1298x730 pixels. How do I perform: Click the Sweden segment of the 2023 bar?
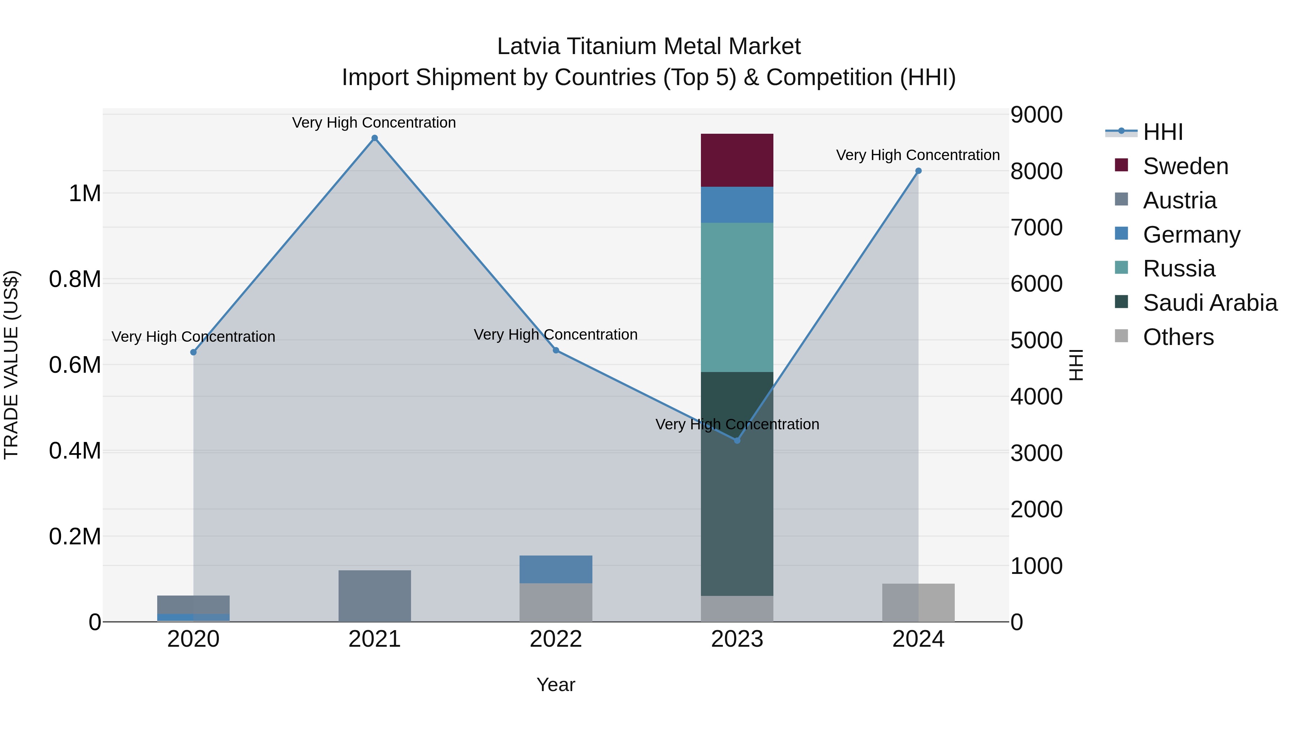[737, 160]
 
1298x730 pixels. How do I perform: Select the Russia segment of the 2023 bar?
[737, 297]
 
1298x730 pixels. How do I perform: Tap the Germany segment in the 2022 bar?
[556, 569]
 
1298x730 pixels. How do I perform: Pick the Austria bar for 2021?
[374, 596]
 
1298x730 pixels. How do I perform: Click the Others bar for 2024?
[918, 602]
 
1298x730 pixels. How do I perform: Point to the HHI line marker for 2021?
[374, 138]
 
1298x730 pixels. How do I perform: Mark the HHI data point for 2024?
[918, 171]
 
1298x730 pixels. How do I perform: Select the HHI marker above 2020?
[194, 352]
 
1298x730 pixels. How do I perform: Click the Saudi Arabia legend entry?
[1209, 303]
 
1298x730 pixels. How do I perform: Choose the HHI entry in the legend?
[1162, 132]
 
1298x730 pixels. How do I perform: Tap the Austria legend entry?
[1179, 200]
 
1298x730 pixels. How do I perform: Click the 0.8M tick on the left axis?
[75, 279]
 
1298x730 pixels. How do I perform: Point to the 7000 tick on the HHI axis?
[1036, 227]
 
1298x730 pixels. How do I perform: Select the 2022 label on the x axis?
[556, 639]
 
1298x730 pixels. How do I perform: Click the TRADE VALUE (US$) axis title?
[11, 365]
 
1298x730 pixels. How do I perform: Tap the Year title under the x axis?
[556, 685]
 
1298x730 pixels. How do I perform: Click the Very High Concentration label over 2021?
[374, 123]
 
